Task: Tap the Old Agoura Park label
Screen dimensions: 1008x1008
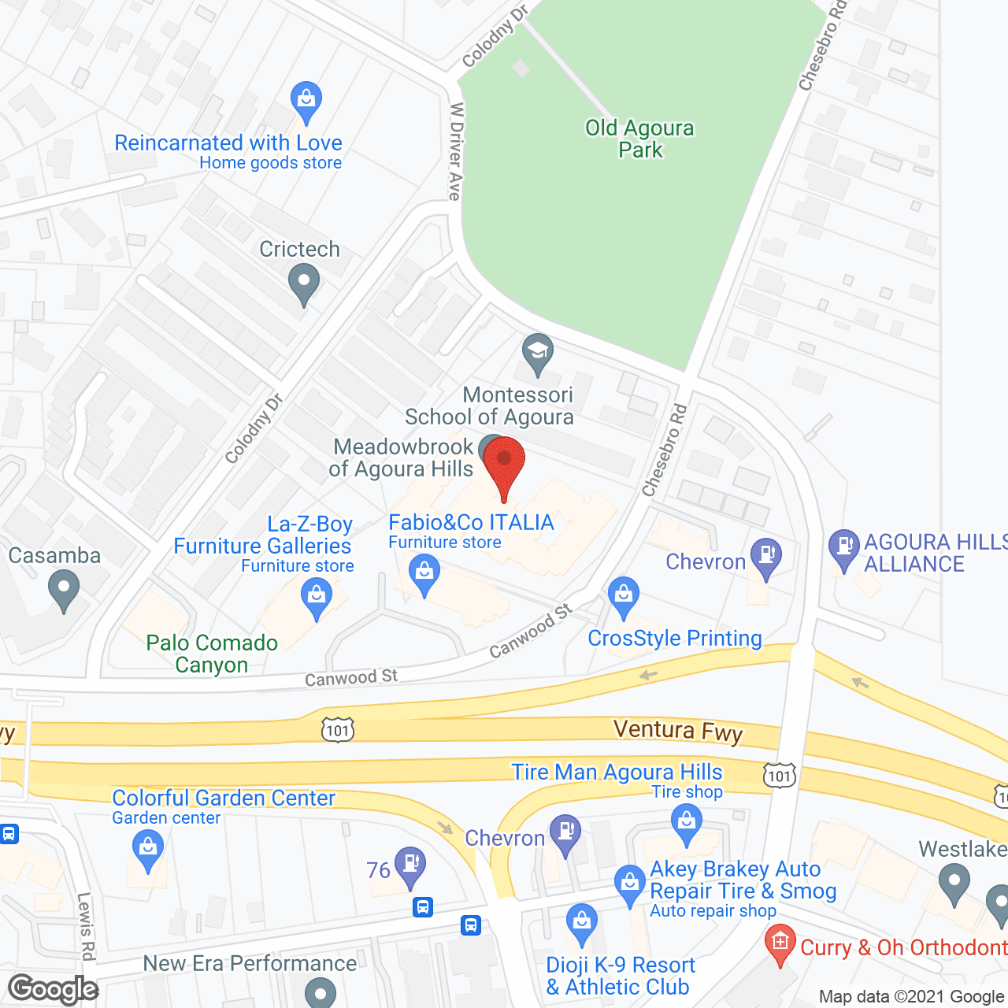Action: [639, 139]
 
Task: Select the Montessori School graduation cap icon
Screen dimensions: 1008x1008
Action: [538, 353]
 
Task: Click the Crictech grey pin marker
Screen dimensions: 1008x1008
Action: [303, 283]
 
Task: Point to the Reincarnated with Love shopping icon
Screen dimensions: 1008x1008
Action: [306, 100]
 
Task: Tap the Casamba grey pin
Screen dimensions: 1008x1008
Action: [64, 588]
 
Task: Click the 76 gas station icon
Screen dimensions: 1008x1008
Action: [409, 865]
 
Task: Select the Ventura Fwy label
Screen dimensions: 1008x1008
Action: [678, 731]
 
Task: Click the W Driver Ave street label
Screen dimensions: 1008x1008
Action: [456, 151]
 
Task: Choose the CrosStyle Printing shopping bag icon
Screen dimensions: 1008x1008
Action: [624, 596]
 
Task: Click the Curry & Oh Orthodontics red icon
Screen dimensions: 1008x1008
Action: [780, 944]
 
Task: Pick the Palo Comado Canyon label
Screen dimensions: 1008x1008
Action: [212, 654]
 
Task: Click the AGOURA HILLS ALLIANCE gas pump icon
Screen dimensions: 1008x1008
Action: [843, 547]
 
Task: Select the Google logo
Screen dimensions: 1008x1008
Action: [54, 989]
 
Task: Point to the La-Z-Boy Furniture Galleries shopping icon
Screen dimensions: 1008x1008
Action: [317, 596]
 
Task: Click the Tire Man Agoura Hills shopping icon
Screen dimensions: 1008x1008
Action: [687, 824]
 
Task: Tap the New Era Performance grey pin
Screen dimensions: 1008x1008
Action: [320, 991]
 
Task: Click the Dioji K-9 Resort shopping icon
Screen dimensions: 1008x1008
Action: [582, 923]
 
